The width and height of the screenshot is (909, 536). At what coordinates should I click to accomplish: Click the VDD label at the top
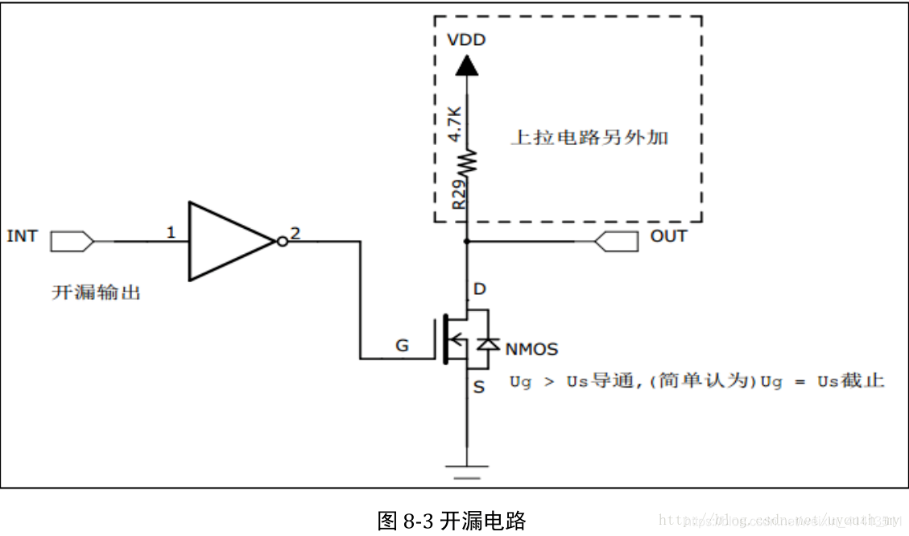[466, 39]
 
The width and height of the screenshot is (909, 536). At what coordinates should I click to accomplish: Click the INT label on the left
[22, 236]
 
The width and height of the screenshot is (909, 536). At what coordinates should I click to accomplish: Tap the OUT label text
[668, 236]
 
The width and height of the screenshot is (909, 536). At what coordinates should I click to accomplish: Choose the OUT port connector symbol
[616, 240]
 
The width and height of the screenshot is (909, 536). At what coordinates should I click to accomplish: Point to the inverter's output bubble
[281, 241]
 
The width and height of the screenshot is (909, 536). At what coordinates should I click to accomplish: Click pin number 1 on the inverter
[171, 233]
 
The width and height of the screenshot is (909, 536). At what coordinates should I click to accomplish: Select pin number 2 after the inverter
[295, 233]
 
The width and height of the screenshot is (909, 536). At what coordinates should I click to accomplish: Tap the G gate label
[401, 347]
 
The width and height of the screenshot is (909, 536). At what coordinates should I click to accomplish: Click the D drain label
[481, 289]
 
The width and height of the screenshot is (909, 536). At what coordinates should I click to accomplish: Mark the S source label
[479, 388]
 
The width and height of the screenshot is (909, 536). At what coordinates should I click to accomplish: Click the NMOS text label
[531, 349]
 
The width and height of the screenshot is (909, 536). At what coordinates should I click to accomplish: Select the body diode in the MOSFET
[485, 344]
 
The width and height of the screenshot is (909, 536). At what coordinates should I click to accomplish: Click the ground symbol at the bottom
[466, 469]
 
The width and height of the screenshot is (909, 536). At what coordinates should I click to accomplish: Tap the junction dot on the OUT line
[467, 241]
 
